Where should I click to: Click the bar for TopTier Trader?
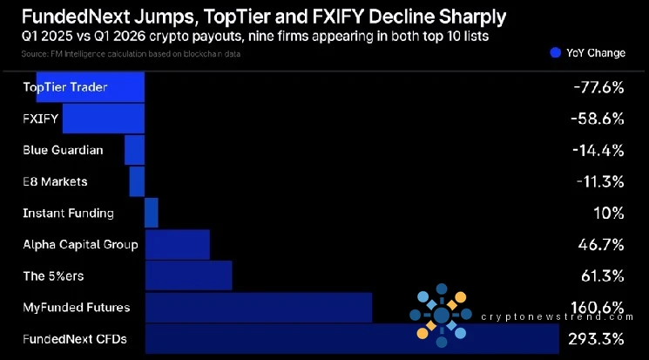tap(91, 87)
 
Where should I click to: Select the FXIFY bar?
tap(103, 119)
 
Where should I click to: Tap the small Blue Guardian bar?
tap(134, 150)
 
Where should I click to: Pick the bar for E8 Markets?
tap(137, 181)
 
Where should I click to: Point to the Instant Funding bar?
tap(151, 213)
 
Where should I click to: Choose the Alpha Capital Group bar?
tap(177, 244)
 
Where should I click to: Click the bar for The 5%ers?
tap(188, 275)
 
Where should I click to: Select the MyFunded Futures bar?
tap(258, 307)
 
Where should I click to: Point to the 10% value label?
tap(609, 213)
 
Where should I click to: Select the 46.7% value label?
tap(600, 244)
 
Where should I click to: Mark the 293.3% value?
tap(596, 338)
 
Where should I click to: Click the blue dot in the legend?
tap(555, 53)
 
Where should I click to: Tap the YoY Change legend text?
tap(596, 53)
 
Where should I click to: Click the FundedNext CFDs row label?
tap(75, 338)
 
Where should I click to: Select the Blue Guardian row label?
tap(63, 150)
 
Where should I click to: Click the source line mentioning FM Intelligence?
tap(130, 54)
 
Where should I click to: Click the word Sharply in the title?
tap(461, 17)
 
